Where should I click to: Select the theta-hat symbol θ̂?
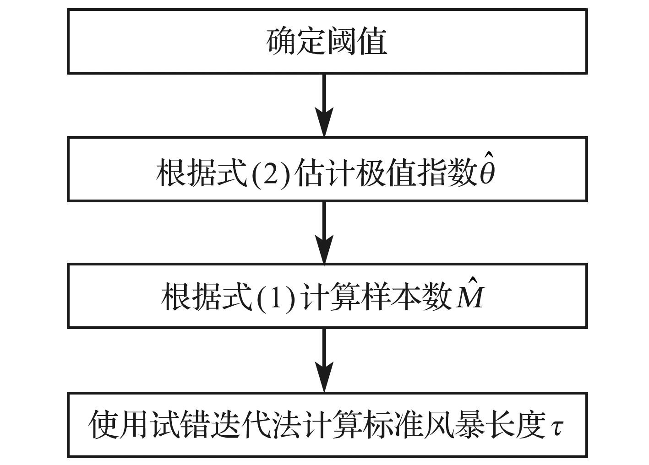coord(487,168)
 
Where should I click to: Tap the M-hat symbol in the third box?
coord(468,293)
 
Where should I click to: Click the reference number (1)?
coord(276,298)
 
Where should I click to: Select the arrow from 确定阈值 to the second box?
coord(324,105)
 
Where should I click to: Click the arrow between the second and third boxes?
coord(324,232)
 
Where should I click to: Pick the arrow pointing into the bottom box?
coord(324,360)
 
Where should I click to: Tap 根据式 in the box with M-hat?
coord(207,297)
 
